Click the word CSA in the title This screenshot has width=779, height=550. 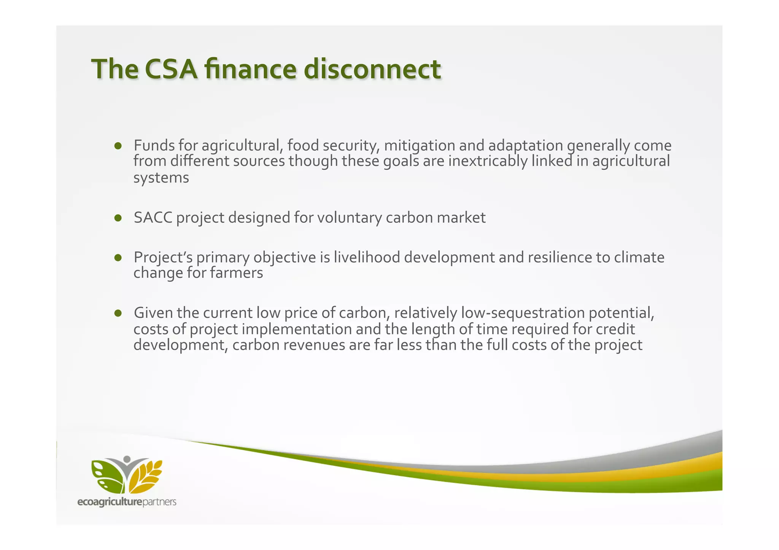pyautogui.click(x=171, y=69)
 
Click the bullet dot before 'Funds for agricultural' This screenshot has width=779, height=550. pyautogui.click(x=118, y=146)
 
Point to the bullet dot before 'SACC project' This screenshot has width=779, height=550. pyautogui.click(x=118, y=218)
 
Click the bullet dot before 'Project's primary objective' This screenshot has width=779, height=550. pyautogui.click(x=118, y=258)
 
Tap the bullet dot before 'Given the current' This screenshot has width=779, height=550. pyautogui.click(x=118, y=313)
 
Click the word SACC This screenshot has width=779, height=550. pyautogui.click(x=153, y=218)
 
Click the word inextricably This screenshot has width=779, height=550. pyautogui.click(x=488, y=161)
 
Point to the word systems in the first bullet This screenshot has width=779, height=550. pyautogui.click(x=161, y=178)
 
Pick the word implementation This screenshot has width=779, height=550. pyautogui.click(x=296, y=329)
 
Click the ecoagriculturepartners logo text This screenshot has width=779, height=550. pyautogui.click(x=127, y=502)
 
